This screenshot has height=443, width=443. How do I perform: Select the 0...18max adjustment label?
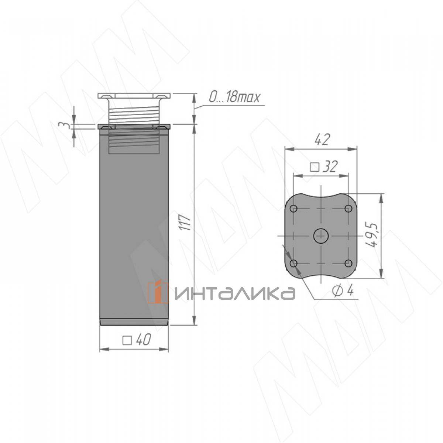coord(234,97)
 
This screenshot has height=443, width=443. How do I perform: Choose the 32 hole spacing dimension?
coord(330,166)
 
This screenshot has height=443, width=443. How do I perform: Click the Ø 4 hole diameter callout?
coord(343,292)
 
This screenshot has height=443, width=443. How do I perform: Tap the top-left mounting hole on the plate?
coord(294,209)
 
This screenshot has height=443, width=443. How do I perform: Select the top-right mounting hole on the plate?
coord(348,209)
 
